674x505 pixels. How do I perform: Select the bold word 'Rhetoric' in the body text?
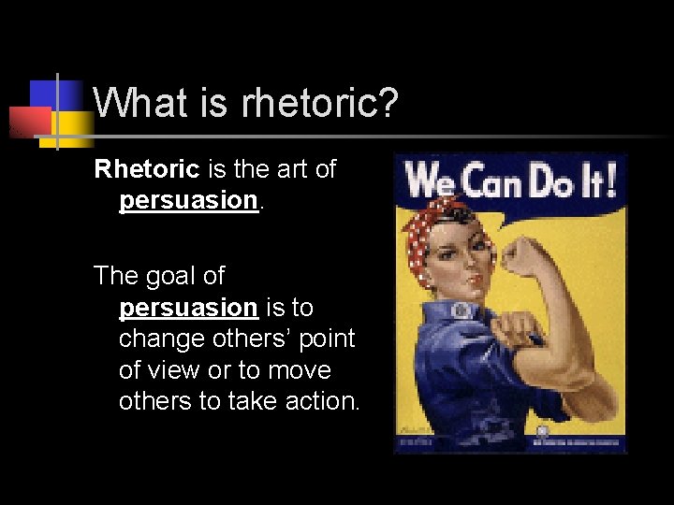tap(147, 169)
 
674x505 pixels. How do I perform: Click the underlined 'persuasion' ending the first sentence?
tap(187, 200)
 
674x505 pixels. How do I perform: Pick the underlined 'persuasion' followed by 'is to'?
tap(187, 308)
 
